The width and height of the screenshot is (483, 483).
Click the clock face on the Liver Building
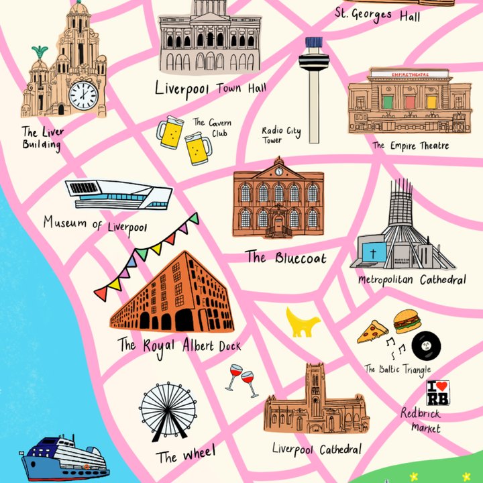click(83, 95)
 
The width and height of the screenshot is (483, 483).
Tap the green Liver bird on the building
click(40, 52)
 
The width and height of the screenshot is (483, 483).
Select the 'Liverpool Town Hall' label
click(210, 88)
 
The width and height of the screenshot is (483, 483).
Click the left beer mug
click(169, 133)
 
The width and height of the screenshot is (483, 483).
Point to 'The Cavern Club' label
click(211, 127)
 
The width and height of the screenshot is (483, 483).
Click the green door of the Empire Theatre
click(388, 102)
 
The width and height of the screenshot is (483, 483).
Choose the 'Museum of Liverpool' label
click(95, 223)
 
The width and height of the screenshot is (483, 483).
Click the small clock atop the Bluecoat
click(278, 171)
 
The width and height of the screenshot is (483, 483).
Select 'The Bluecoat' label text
click(286, 257)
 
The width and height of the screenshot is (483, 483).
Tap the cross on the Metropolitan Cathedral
click(372, 254)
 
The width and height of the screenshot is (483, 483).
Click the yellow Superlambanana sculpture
click(303, 321)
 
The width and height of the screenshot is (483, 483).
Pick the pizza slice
click(372, 331)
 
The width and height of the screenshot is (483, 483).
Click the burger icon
click(407, 321)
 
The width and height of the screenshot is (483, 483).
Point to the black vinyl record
click(426, 346)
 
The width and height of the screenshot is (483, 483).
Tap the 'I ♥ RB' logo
click(438, 392)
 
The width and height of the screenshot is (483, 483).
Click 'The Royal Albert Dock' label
click(179, 345)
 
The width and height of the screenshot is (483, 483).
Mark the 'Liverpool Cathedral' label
click(317, 448)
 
